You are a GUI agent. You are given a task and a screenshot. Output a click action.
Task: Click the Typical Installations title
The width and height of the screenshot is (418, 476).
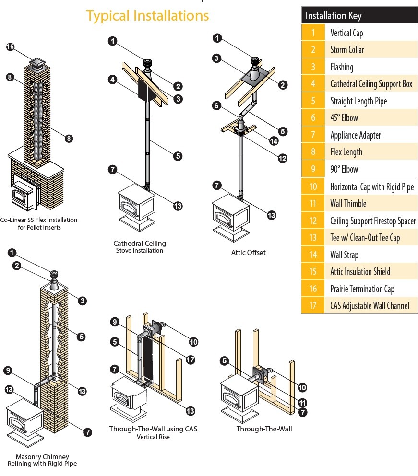click(147, 16)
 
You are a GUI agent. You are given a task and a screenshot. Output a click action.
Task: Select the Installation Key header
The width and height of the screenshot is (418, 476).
click(334, 15)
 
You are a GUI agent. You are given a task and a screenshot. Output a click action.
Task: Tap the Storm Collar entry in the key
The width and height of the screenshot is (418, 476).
click(347, 50)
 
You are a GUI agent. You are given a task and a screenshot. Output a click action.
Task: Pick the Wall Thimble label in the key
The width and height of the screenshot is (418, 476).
click(348, 204)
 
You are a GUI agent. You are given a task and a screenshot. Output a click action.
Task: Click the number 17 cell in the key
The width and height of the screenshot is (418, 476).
click(312, 305)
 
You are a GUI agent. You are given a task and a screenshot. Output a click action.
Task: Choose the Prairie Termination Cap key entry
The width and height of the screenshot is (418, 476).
click(362, 289)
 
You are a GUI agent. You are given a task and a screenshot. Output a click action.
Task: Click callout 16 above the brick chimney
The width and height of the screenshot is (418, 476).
click(11, 47)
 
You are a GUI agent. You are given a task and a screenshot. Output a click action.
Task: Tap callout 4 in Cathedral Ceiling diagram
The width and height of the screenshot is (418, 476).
click(112, 80)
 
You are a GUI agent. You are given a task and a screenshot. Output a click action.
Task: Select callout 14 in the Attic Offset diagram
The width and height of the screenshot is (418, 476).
click(274, 141)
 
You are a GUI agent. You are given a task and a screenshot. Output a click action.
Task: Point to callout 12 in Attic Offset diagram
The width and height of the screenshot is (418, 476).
click(282, 158)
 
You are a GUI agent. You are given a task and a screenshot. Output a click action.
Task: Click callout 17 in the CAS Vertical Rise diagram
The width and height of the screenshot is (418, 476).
click(191, 360)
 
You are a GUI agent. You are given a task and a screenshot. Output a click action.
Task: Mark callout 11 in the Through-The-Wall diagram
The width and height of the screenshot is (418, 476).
click(302, 403)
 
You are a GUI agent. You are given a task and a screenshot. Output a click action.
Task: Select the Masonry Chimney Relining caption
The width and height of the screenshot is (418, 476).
click(42, 460)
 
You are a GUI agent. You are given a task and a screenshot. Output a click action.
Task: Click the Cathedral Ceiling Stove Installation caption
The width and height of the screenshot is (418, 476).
click(139, 247)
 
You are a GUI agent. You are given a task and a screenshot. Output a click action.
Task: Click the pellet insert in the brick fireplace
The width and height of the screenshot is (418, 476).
click(23, 196)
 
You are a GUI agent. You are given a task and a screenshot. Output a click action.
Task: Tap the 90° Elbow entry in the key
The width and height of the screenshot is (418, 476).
click(344, 169)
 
